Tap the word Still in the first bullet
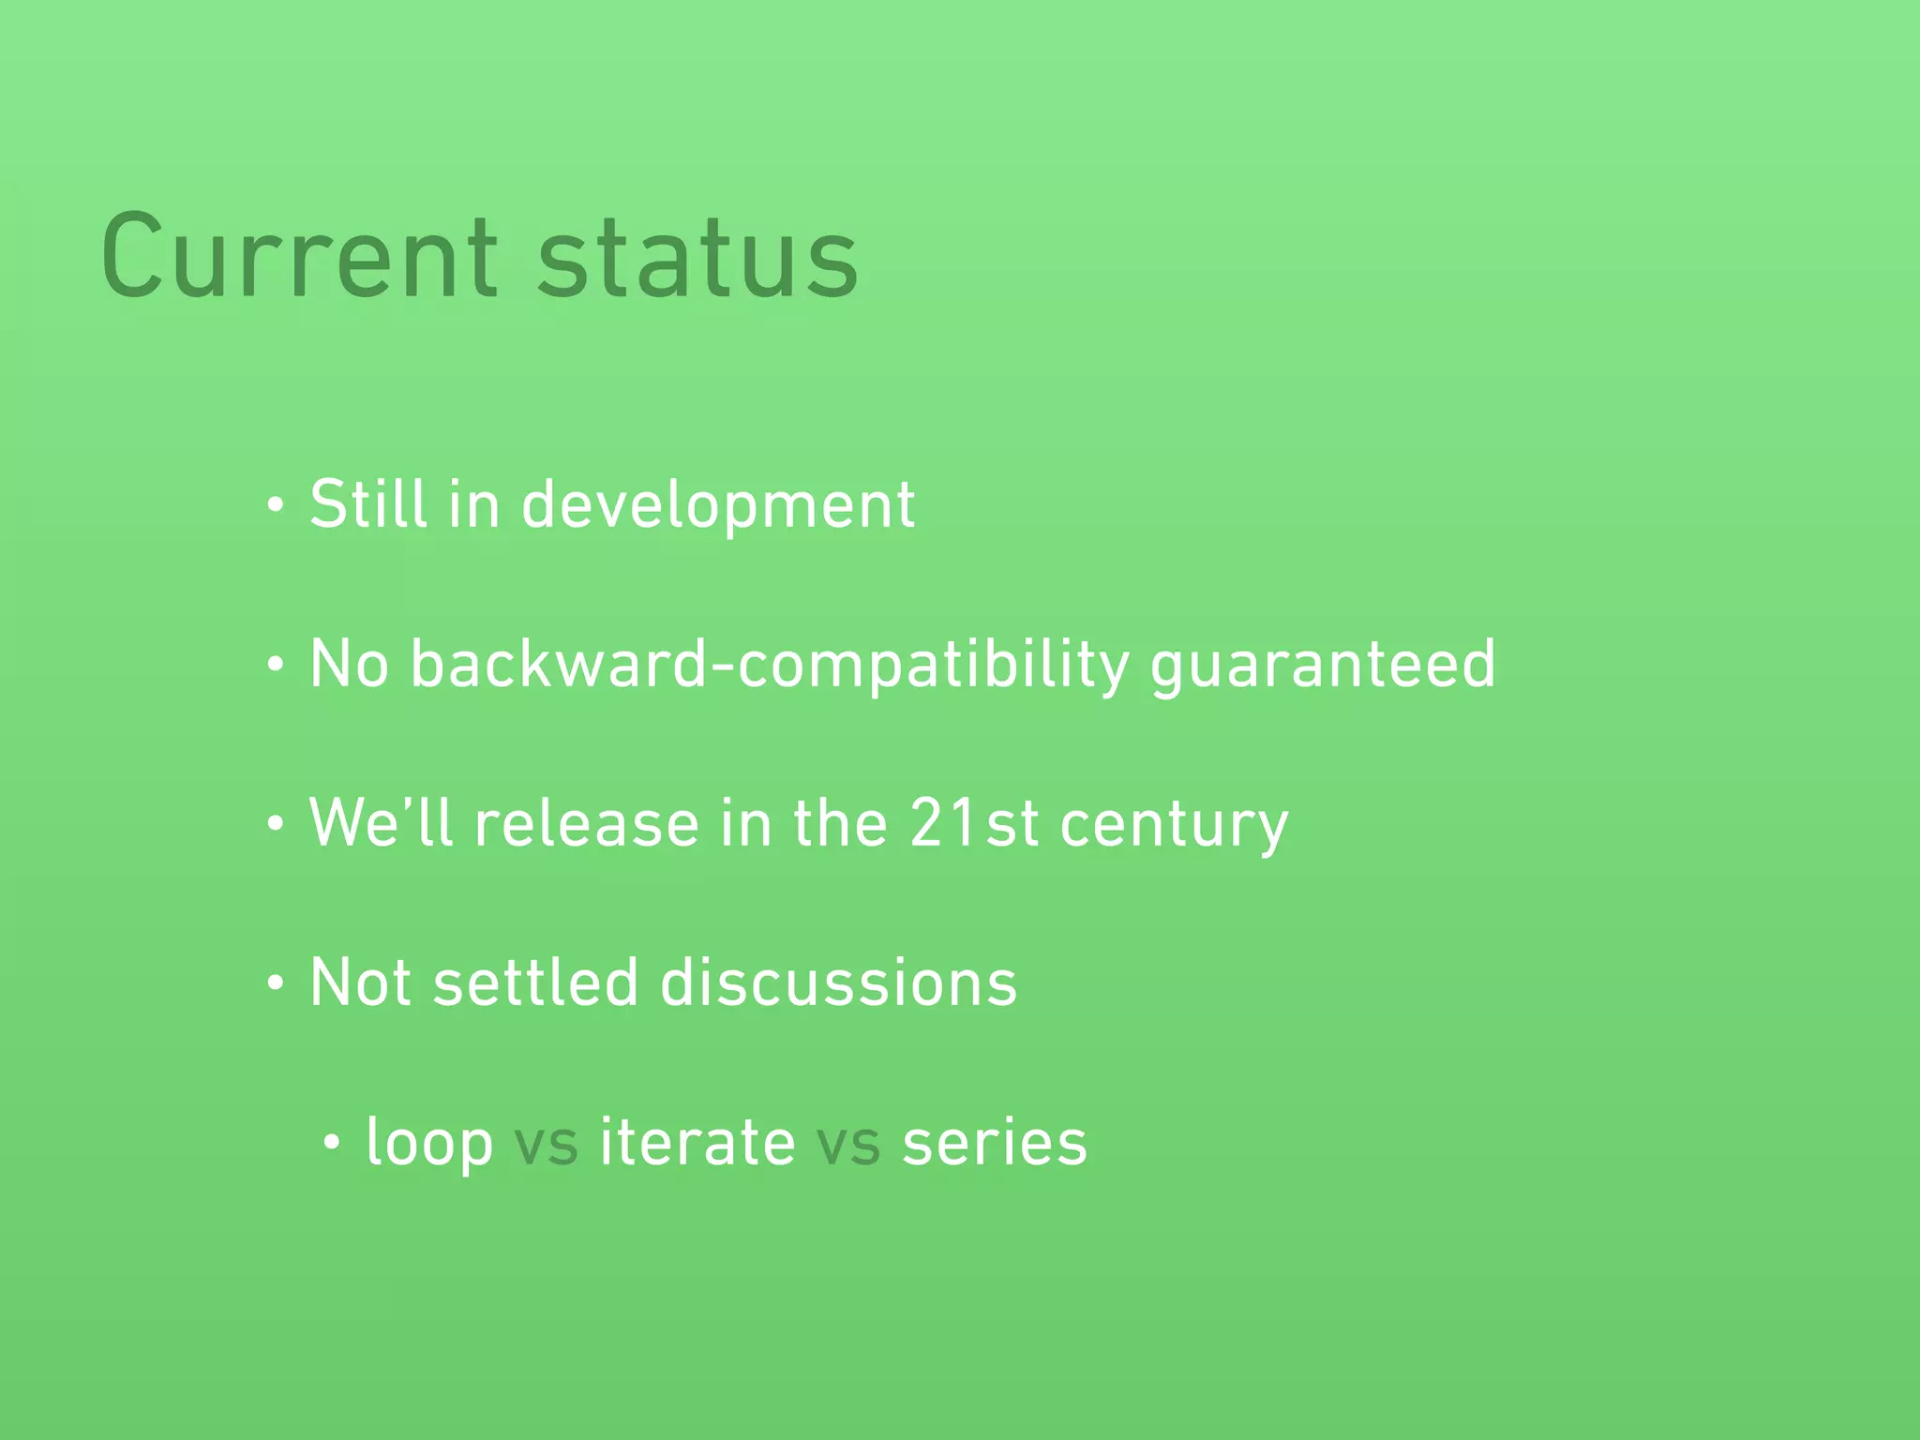[368, 504]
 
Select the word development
[717, 506]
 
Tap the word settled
[535, 982]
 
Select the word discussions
[838, 982]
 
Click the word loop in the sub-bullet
[429, 1144]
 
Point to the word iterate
[697, 1142]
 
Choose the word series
[994, 1144]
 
